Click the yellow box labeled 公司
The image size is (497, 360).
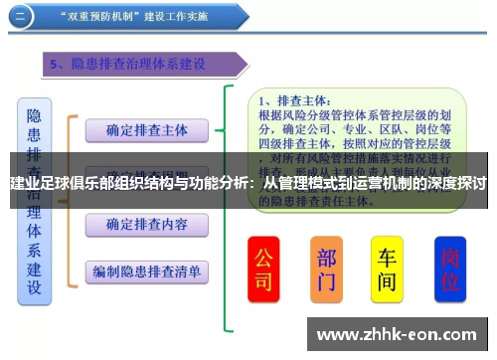(x=263, y=268)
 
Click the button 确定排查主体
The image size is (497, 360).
(x=147, y=129)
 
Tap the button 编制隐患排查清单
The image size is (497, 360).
(x=147, y=270)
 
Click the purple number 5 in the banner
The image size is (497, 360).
(x=57, y=65)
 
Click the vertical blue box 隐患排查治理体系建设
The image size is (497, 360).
(x=34, y=199)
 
